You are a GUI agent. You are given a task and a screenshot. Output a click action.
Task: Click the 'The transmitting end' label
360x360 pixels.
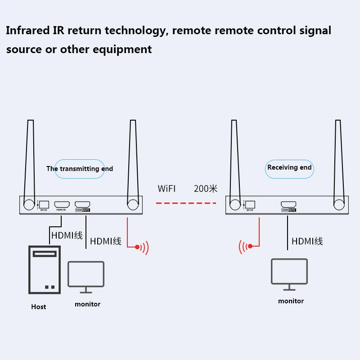[80, 169]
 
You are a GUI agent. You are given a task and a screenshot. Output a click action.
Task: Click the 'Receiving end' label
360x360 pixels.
[289, 167]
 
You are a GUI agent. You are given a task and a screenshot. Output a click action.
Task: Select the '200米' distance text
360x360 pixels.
[206, 189]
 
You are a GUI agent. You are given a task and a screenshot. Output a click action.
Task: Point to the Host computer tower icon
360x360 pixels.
[44, 270]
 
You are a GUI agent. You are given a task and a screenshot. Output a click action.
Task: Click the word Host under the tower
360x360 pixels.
[39, 307]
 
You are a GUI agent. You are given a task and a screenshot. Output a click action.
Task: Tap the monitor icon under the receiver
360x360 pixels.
[289, 273]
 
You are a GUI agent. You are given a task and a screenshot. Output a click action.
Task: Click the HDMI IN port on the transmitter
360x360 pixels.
[61, 204]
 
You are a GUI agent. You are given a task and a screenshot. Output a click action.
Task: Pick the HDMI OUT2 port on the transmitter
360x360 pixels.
[82, 204]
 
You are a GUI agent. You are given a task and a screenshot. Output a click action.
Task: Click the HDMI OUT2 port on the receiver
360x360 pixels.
[288, 204]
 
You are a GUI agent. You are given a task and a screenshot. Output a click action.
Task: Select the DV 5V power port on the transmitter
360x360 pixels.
[44, 204]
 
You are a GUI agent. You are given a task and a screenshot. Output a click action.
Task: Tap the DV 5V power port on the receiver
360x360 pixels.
[250, 204]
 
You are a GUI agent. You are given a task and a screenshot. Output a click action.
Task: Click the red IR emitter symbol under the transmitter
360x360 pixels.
[141, 247]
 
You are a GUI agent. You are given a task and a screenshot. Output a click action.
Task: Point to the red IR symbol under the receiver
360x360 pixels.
[246, 246]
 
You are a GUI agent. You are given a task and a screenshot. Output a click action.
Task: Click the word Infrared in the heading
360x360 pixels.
[28, 31]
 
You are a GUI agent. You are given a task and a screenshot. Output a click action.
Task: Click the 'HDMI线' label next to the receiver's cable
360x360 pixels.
[307, 241]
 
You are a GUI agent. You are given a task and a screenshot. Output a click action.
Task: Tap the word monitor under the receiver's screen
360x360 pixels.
[291, 301]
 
